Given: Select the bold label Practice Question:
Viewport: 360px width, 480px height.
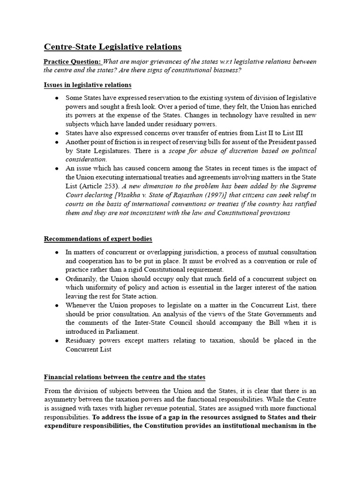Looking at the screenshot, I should [x=72, y=62].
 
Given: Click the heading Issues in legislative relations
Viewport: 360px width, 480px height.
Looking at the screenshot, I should [x=88, y=85].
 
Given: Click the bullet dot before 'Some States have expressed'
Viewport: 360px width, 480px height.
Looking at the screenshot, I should [x=57, y=97].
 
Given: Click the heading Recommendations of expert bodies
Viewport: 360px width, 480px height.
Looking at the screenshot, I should [x=98, y=239].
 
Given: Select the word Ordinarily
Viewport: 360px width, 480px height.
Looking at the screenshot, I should [x=83, y=279].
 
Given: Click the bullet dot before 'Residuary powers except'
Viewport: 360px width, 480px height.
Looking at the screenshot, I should [x=57, y=341].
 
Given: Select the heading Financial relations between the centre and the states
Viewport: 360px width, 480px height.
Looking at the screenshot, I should [x=124, y=377].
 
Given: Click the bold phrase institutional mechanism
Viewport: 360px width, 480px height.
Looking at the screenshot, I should [x=275, y=426].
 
